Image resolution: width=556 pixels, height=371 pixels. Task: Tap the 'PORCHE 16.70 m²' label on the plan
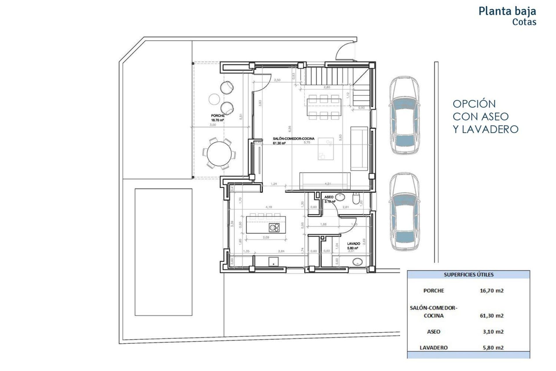point(218,117)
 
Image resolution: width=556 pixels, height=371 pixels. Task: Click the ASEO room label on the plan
point(329,197)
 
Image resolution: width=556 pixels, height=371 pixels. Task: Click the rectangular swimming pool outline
point(163,252)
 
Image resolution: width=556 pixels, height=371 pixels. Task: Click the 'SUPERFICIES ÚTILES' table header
point(468,275)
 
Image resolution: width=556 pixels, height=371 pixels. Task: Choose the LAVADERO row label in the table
point(433,348)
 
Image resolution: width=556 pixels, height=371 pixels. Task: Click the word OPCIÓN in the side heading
point(474,104)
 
